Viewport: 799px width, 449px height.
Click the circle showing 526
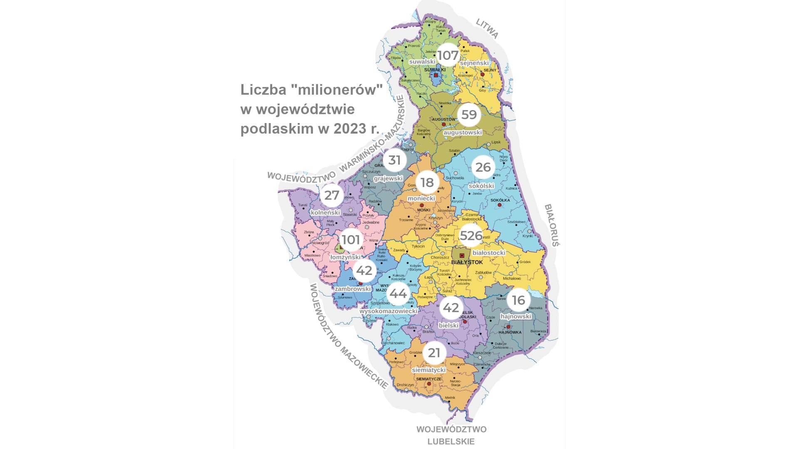pos(471,236)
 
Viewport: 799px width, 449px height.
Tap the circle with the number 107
pos(448,55)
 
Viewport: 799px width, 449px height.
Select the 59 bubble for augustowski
pos(469,115)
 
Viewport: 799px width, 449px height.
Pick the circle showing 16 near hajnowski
pos(518,300)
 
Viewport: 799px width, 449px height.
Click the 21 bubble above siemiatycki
pos(434,353)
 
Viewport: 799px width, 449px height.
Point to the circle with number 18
pos(427,183)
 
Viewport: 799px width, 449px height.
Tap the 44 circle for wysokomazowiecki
pos(398,294)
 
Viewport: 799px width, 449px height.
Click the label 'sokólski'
pos(481,186)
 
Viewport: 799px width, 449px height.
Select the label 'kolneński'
pos(325,212)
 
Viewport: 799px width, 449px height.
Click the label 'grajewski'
pos(388,178)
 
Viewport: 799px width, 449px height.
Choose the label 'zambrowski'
pos(352,289)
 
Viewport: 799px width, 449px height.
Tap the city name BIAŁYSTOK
pos(467,262)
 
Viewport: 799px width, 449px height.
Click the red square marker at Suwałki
pos(436,75)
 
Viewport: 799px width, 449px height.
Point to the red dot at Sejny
pos(483,74)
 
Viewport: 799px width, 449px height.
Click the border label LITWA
pos(487,28)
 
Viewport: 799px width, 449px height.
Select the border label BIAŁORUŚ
pos(552,225)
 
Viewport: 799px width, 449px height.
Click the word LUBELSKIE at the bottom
pos(451,442)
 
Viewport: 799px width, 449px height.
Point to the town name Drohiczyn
pos(405,385)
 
